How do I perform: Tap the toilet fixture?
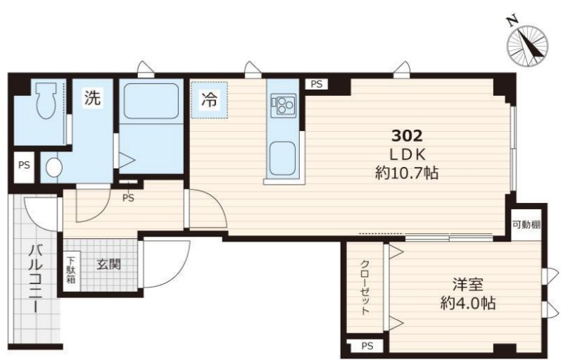(46, 101)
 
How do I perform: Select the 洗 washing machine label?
(93, 97)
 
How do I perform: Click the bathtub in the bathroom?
(151, 101)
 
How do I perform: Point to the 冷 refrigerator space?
(209, 99)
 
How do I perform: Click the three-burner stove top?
(284, 104)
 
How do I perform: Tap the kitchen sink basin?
(283, 159)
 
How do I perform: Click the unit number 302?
(407, 136)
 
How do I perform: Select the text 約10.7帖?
(407, 173)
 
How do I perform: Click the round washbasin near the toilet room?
(54, 167)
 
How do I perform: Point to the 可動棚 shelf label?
(527, 225)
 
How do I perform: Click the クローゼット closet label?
(365, 287)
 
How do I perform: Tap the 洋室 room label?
(467, 285)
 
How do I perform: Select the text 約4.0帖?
(467, 304)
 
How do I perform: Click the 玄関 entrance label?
(109, 264)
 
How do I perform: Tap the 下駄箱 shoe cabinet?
(71, 271)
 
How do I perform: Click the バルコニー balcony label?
(35, 279)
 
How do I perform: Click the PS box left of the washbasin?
(24, 166)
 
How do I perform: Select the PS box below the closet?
(367, 346)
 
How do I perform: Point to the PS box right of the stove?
(316, 84)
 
